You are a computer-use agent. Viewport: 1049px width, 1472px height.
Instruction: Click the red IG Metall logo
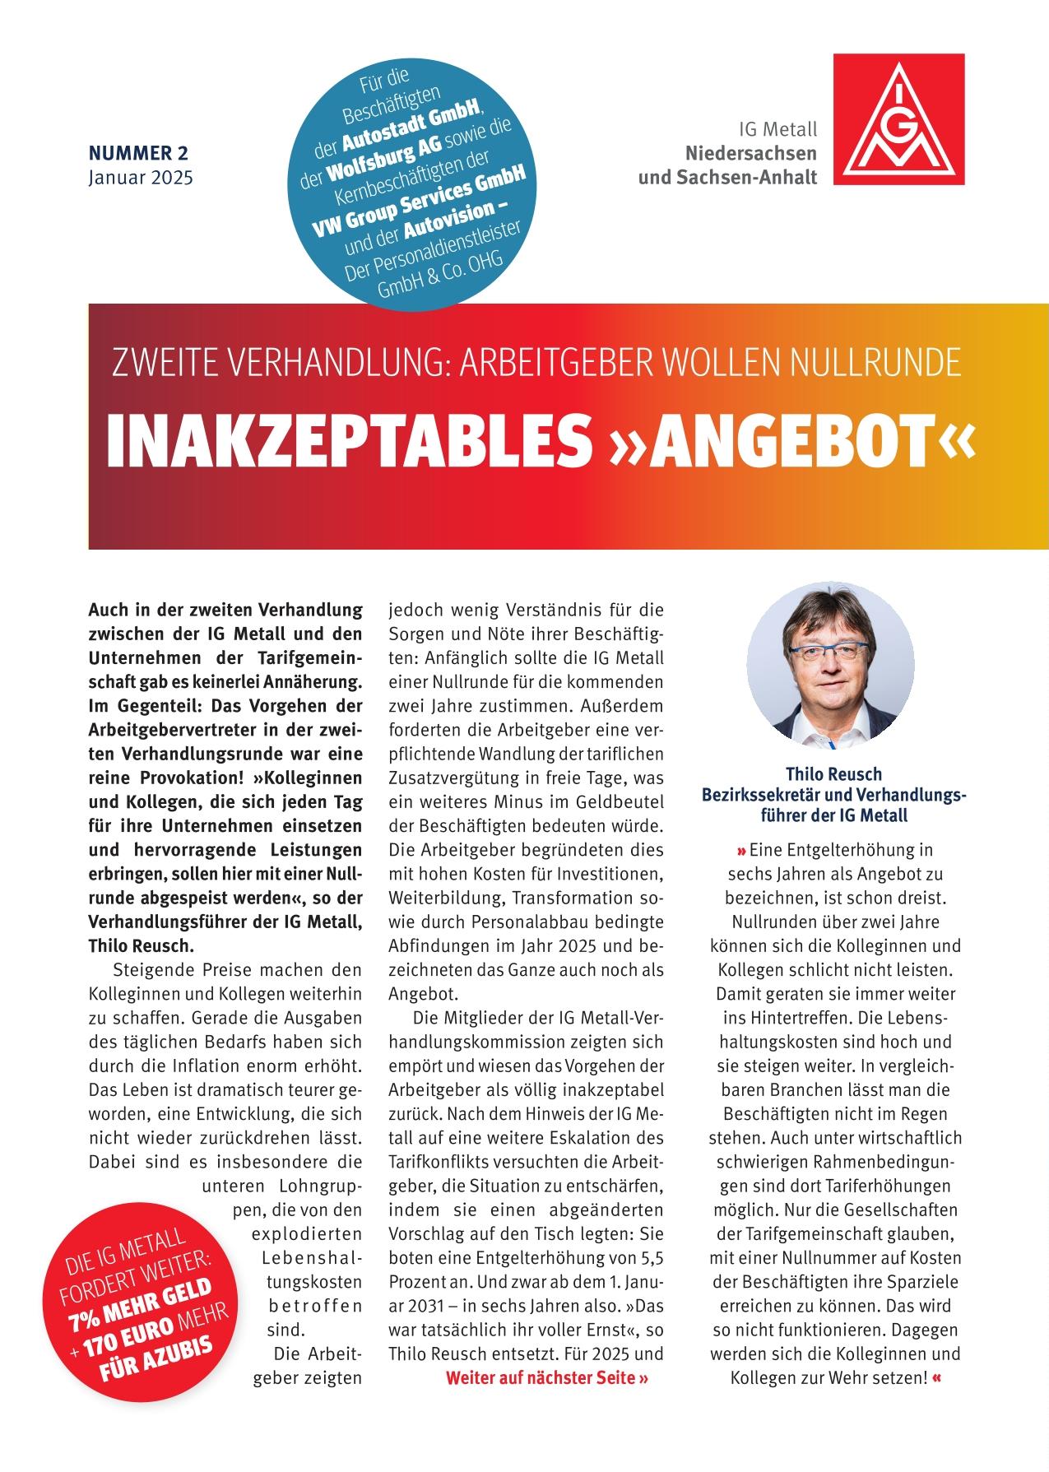pos(899,119)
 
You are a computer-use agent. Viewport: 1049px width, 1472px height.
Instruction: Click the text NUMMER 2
pos(138,153)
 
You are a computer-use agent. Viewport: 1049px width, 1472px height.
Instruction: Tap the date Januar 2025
pos(141,177)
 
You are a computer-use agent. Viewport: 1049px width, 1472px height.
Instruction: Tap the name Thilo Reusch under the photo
pos(833,774)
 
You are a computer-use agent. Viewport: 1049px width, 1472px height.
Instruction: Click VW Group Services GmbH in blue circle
pos(420,202)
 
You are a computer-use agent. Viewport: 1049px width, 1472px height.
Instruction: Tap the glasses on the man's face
pos(829,654)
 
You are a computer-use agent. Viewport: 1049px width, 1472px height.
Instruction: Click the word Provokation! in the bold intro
pos(198,778)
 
